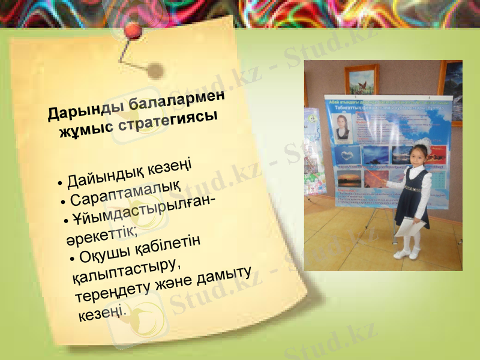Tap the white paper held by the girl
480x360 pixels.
(410, 226)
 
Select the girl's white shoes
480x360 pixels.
(407, 254)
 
